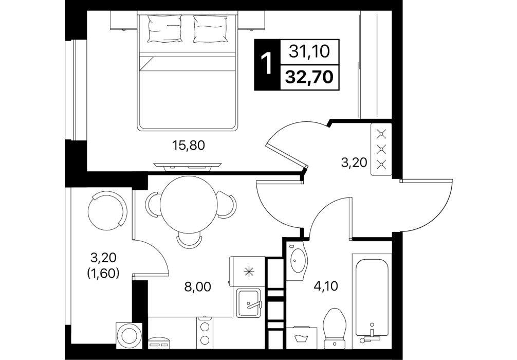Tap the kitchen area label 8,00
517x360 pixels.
pos(198,287)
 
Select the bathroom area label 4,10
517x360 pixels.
pos(326,286)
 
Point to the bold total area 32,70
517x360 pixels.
pos(309,77)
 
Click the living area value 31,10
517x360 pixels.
pos(309,51)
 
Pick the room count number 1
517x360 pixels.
pos(266,65)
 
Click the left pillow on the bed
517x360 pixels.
pos(165,29)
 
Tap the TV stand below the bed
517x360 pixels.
pos(188,167)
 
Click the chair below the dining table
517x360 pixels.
pos(189,240)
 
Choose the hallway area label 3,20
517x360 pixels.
pos(354,163)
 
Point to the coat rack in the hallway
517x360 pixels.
pos(381,149)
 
